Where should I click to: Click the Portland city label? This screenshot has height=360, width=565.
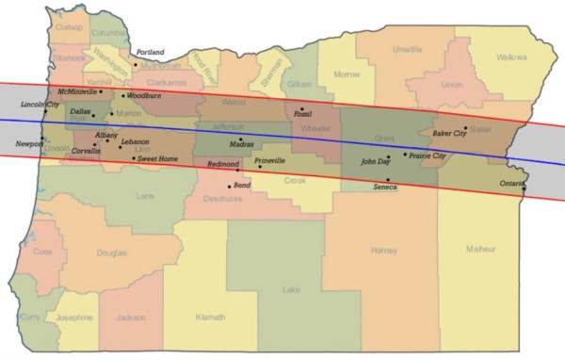(151, 52)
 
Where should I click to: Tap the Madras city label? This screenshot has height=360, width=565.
(242, 144)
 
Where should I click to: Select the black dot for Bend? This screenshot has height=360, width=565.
(229, 187)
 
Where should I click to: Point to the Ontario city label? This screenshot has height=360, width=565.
(513, 182)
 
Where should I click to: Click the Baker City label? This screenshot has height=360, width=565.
(449, 134)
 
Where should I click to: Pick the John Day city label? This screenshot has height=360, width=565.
(376, 162)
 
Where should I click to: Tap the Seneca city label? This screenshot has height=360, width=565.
(385, 188)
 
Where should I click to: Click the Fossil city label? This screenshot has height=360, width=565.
(303, 114)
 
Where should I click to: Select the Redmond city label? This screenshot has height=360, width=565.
(223, 164)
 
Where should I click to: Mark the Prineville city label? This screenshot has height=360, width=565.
(269, 161)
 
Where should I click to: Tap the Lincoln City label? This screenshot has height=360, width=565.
(40, 105)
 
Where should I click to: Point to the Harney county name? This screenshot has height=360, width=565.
(385, 251)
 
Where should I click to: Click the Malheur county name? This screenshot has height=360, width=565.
(480, 249)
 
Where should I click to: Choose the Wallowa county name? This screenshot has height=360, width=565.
(511, 57)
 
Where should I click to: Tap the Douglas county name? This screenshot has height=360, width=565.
(111, 253)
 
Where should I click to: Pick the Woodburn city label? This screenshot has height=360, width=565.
(145, 96)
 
